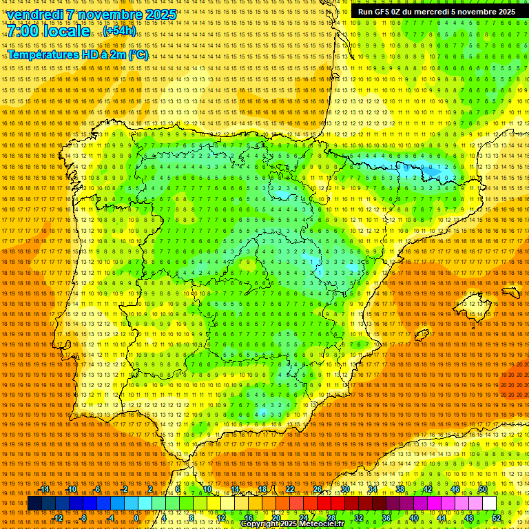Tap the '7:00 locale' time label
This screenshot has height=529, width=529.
[x=49, y=32]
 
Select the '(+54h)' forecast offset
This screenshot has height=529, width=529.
[x=120, y=32]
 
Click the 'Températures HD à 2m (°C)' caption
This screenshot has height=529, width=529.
[x=78, y=55]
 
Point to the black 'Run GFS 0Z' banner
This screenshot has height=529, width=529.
[x=436, y=12]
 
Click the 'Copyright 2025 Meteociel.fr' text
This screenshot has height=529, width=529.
[x=292, y=524]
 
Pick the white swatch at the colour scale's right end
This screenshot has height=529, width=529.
[x=489, y=504]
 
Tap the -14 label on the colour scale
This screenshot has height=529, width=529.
[x=44, y=489]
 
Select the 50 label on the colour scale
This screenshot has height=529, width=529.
[x=483, y=489]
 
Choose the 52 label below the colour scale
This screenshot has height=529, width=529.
[x=496, y=518]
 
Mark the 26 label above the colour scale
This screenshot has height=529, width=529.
[x=318, y=489]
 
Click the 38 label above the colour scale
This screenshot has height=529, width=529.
[x=400, y=489]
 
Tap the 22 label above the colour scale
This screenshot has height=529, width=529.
[x=290, y=489]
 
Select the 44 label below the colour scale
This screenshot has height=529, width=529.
[x=441, y=518]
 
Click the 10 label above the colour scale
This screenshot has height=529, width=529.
[x=207, y=489]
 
